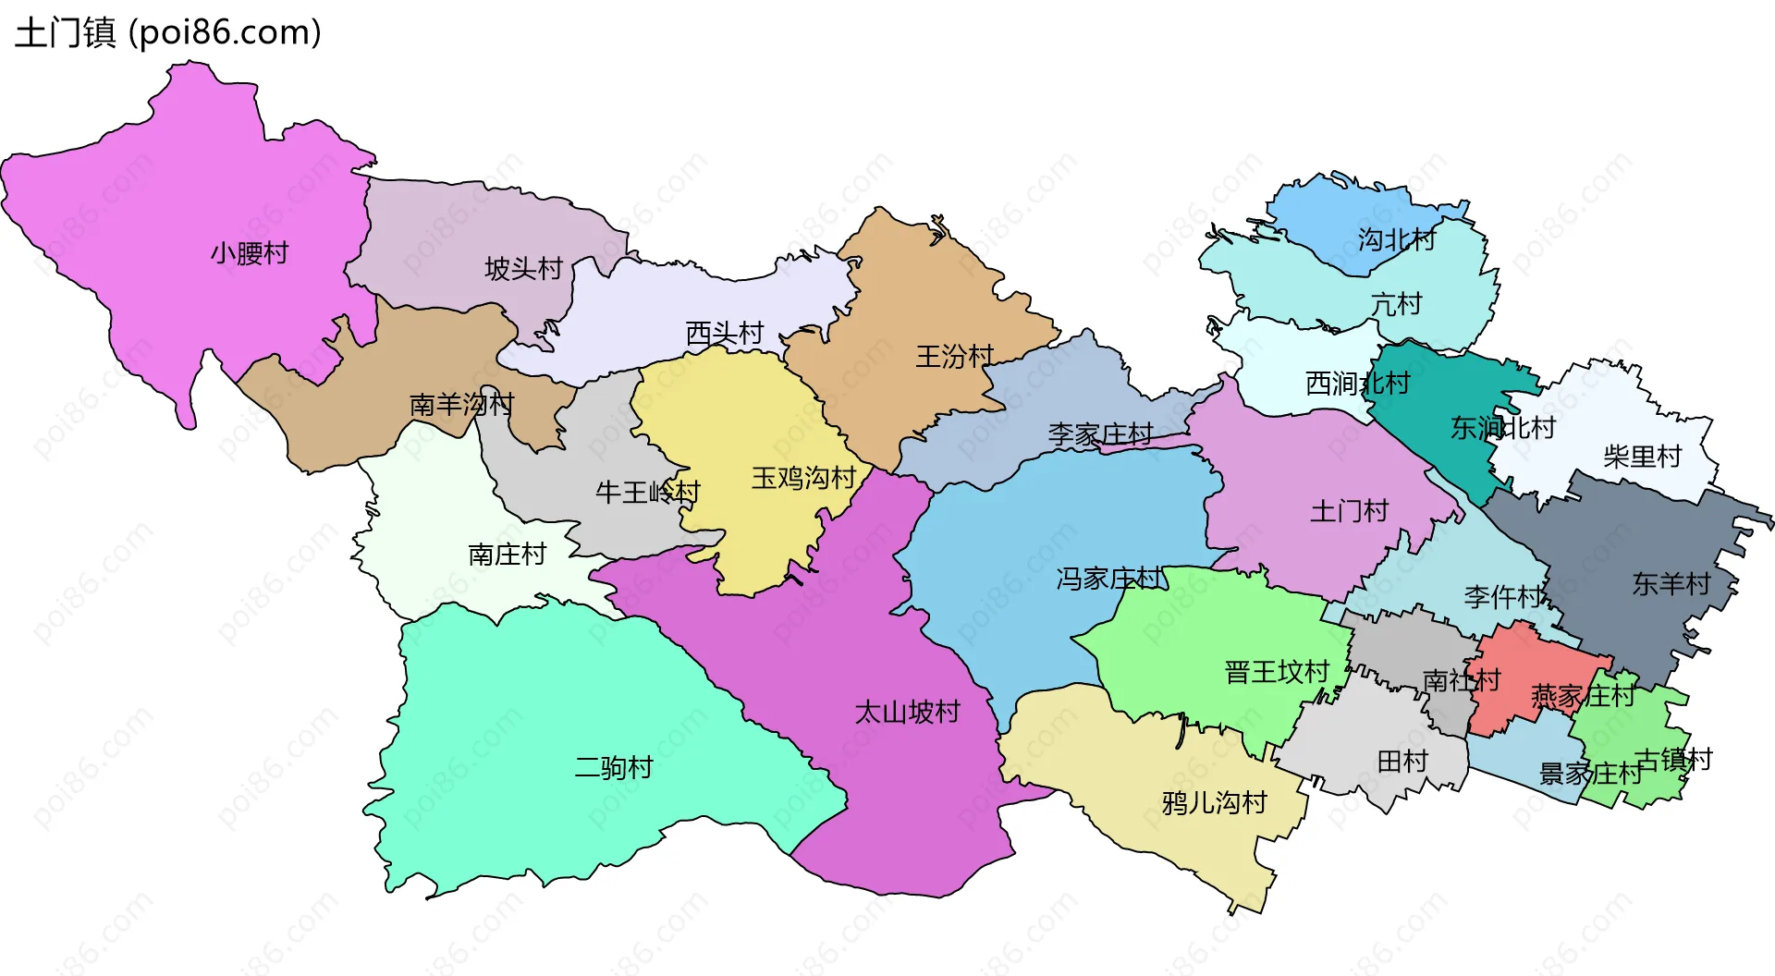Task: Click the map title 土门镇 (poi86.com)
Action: [x=168, y=32]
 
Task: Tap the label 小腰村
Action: [x=250, y=253]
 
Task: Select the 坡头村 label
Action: [x=523, y=269]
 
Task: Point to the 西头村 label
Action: [x=725, y=334]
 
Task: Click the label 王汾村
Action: [x=955, y=357]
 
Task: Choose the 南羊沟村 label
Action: [x=461, y=405]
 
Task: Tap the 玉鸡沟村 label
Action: [x=803, y=478]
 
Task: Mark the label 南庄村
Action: [x=507, y=555]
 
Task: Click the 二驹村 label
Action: [x=614, y=768]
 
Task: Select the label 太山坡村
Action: [x=907, y=713]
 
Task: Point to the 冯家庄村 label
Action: [x=1109, y=579]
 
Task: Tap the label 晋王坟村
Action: [x=1277, y=672]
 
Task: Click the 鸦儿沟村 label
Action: [x=1214, y=803]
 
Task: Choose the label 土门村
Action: [x=1349, y=511]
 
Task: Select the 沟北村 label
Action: [x=1396, y=240]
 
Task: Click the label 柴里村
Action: [x=1642, y=457]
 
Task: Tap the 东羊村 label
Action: [x=1671, y=584]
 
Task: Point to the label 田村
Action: [x=1402, y=762]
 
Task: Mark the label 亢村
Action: [x=1396, y=304]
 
